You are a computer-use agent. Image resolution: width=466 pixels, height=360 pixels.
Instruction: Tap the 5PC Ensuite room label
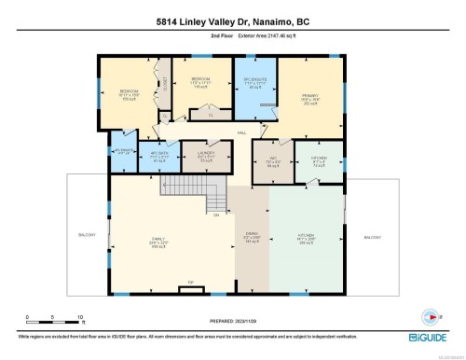coord(254,80)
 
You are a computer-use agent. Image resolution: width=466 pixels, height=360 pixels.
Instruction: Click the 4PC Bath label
coord(159,156)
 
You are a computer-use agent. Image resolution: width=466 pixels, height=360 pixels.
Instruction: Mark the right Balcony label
coord(373,238)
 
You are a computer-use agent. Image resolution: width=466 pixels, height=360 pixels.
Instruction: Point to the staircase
coord(215,198)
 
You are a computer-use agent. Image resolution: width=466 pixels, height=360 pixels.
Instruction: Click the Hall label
coord(241,134)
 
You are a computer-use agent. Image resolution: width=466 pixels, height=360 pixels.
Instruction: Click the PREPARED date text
coord(232,317)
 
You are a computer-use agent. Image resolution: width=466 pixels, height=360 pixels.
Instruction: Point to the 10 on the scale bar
coord(80,317)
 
